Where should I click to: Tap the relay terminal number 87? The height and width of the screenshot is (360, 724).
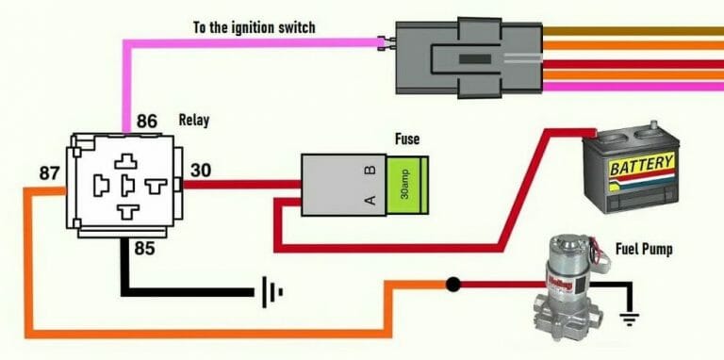[x=52, y=173]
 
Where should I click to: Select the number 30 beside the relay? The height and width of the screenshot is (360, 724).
[x=202, y=170]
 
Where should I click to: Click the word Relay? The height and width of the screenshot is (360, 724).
[x=195, y=121]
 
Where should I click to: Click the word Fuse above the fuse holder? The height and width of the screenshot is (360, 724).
[x=406, y=139]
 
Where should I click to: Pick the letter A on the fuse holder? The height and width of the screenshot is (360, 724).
[x=370, y=200]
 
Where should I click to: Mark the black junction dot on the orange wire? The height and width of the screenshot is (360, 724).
[x=453, y=283]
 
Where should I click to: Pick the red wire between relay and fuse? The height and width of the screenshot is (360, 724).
[x=240, y=185]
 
